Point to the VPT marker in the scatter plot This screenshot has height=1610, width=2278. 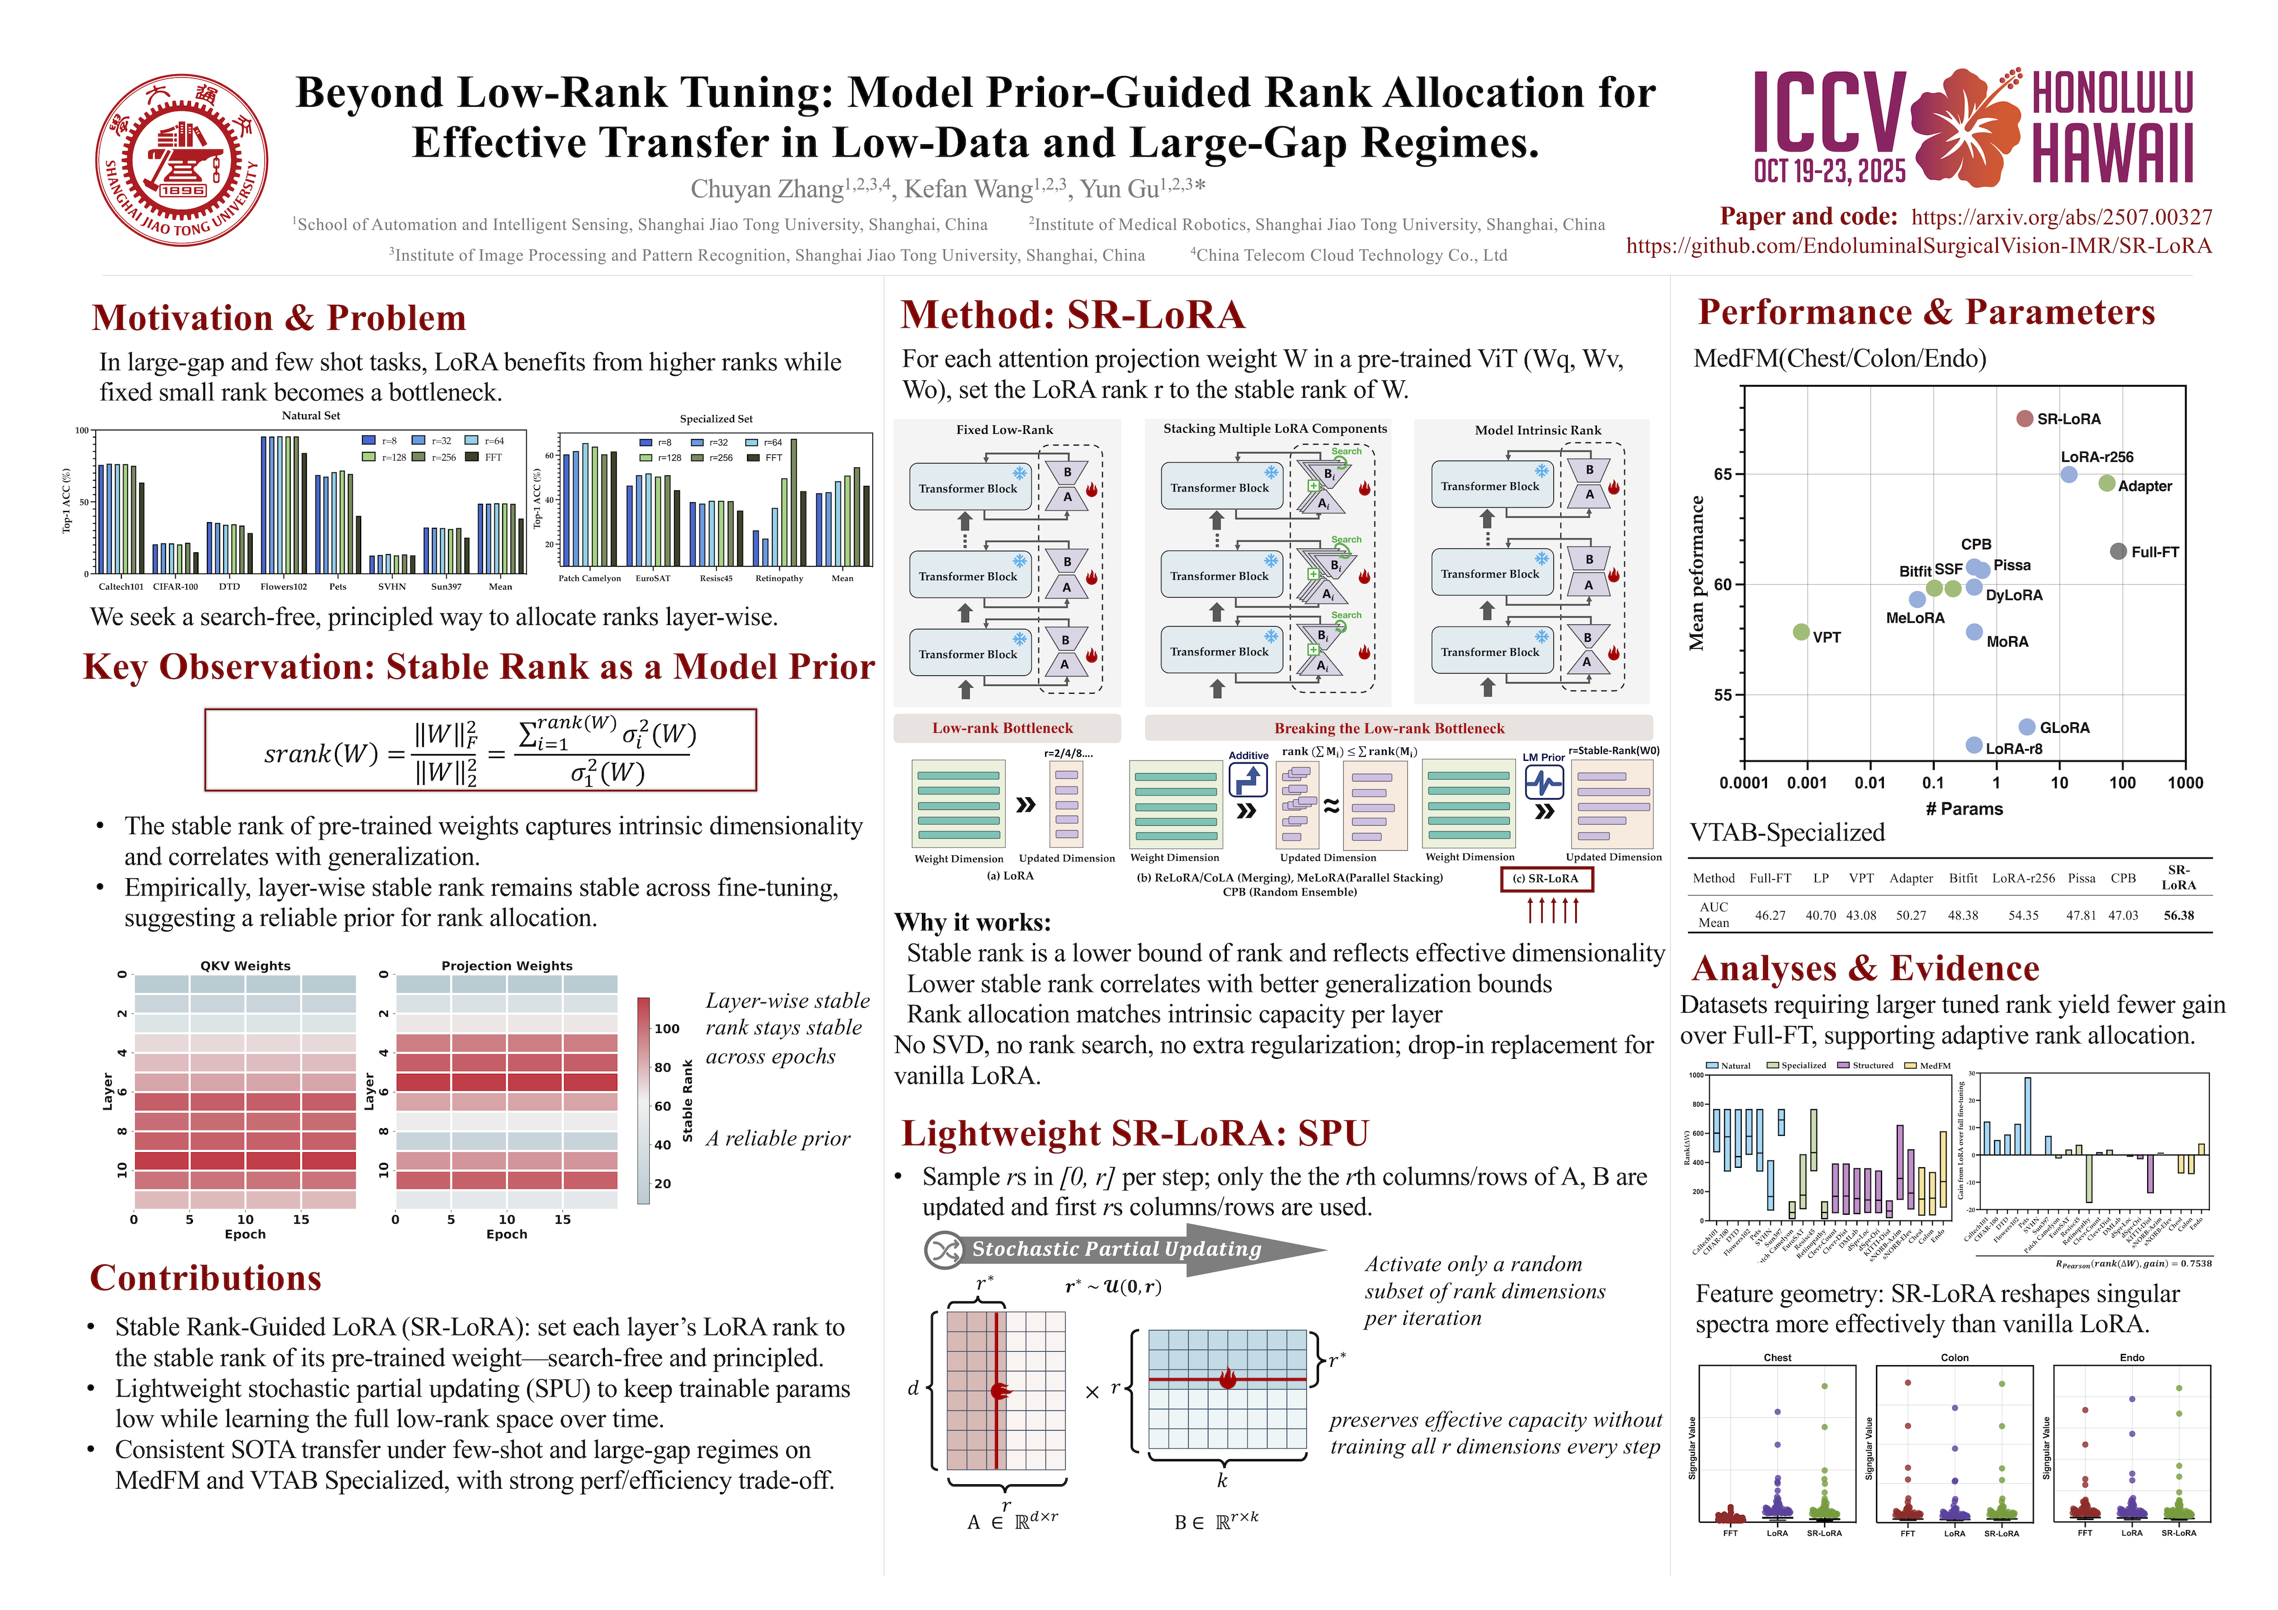click(x=1801, y=632)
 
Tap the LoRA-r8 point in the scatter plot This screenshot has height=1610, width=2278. click(x=1974, y=745)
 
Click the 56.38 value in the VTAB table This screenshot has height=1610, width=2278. click(x=2179, y=916)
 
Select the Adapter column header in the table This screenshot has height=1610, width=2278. click(x=1911, y=878)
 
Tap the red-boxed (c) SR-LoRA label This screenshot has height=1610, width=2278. click(x=1546, y=879)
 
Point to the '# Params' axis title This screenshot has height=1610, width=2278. click(x=1964, y=809)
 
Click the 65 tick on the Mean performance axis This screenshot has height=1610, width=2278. click(x=1723, y=474)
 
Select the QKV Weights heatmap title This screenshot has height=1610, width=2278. click(x=245, y=965)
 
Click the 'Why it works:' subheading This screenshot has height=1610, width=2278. click(x=972, y=922)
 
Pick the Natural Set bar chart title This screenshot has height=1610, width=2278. click(x=310, y=416)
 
